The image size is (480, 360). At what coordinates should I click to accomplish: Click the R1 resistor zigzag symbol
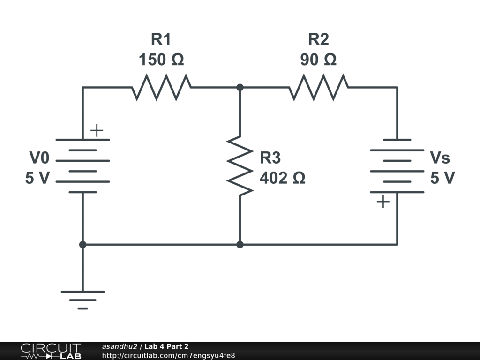point(161,87)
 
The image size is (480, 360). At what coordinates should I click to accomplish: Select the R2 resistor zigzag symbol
point(319,87)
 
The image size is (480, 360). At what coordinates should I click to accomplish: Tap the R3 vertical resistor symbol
point(240,166)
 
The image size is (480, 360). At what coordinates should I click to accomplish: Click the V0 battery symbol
point(82,166)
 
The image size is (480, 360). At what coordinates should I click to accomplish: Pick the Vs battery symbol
point(397,166)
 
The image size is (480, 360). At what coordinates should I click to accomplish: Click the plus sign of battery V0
point(97,130)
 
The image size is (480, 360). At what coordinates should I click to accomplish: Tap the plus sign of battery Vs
point(383,202)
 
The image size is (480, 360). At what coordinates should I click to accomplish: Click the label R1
point(161,39)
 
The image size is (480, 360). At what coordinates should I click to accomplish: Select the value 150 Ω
point(161,60)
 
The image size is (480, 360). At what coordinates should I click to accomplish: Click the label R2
point(319,39)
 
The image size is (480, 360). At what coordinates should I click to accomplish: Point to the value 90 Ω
point(319,60)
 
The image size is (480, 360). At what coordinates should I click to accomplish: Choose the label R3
point(270,158)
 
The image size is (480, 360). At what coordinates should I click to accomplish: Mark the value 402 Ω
point(282,178)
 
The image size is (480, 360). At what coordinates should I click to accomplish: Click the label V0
point(39,158)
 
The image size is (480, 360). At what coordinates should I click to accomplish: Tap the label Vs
point(440,158)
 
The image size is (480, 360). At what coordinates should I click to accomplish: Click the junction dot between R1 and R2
point(240,87)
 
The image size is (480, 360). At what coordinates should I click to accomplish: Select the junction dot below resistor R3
point(240,244)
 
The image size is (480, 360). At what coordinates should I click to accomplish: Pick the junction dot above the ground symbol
point(82,244)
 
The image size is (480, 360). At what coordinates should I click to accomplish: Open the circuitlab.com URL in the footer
point(168,355)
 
